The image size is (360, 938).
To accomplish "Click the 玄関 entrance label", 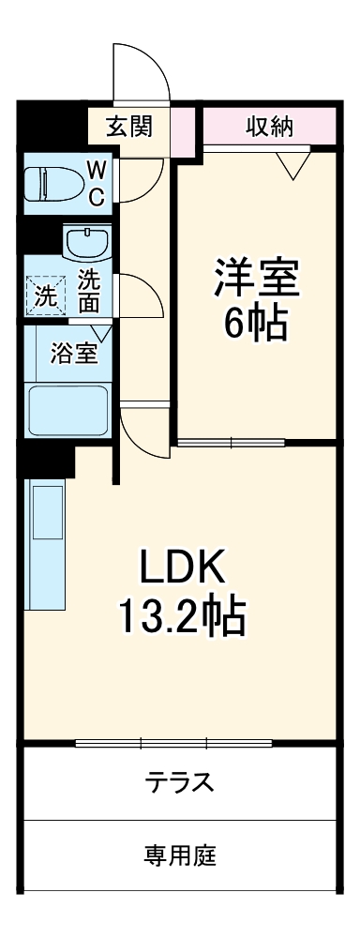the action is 129,126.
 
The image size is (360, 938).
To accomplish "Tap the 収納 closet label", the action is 270,126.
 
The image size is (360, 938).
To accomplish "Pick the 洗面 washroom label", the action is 89,291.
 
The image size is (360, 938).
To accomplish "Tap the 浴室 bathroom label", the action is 73,355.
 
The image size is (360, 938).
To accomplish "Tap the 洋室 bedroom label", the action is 256,279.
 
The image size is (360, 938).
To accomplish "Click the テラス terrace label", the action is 180,780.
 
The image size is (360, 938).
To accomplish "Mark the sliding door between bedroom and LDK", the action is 230,442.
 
